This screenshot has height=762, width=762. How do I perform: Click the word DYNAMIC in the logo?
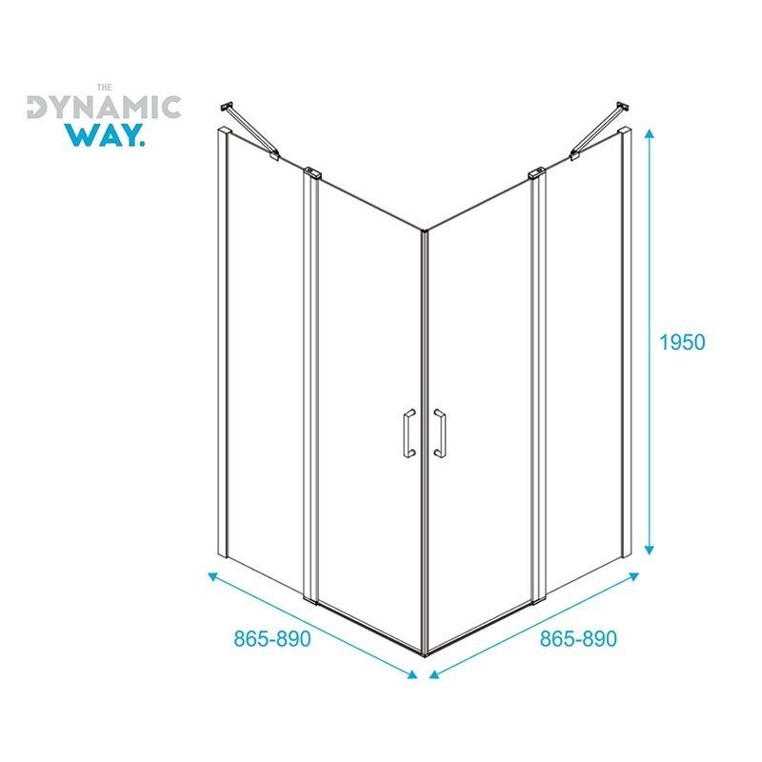pyautogui.click(x=103, y=107)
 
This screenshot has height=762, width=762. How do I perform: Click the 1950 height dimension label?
pyautogui.click(x=682, y=341)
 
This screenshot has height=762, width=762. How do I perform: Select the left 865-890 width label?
pyautogui.click(x=273, y=640)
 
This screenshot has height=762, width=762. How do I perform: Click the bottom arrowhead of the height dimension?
pyautogui.click(x=651, y=549)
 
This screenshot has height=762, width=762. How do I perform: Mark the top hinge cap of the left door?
pyautogui.click(x=311, y=173)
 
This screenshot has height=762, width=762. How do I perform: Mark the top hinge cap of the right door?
pyautogui.click(x=536, y=173)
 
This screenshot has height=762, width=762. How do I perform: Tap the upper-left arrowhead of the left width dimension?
pyautogui.click(x=212, y=574)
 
